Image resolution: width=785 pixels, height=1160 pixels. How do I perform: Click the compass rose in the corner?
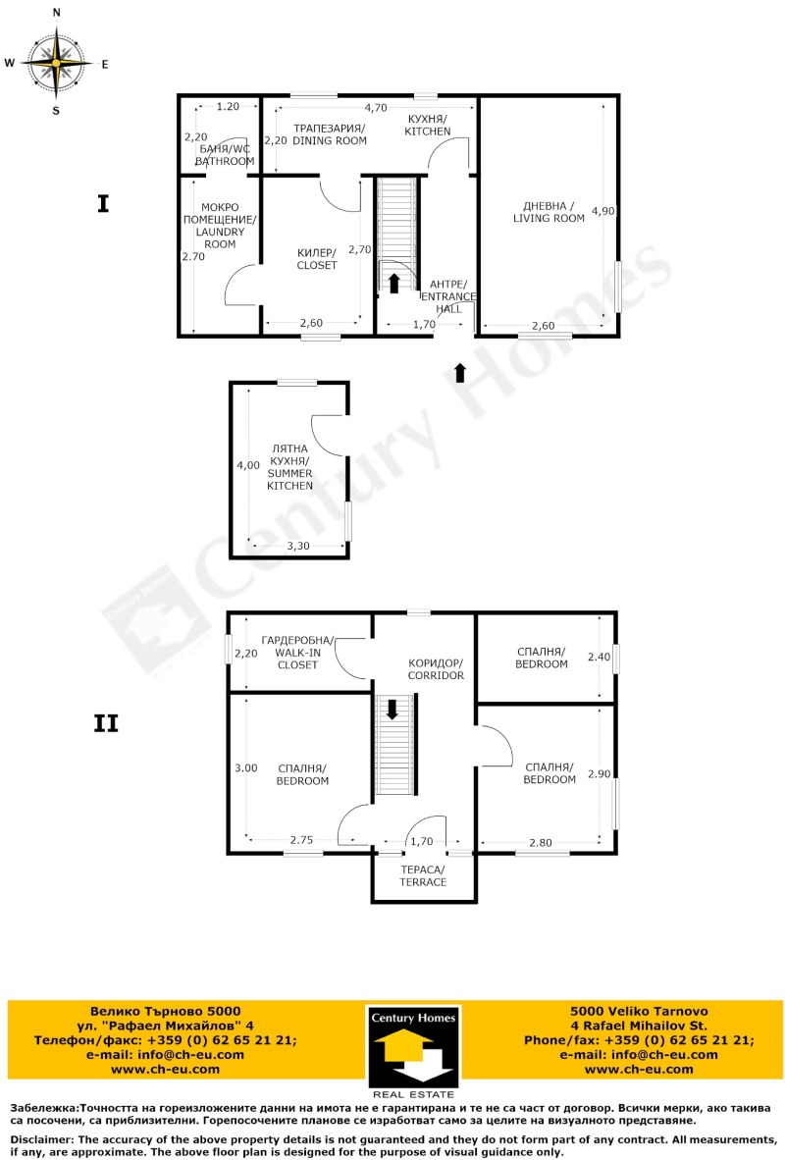[x=56, y=62]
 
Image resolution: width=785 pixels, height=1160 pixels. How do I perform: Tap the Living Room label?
[x=549, y=212]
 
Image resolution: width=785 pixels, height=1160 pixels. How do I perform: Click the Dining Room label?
[x=329, y=135]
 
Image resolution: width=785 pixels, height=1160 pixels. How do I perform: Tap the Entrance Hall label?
[x=448, y=296]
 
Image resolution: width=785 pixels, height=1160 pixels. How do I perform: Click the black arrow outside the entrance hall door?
[x=460, y=373]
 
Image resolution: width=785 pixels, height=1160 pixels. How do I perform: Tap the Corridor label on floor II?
[x=436, y=669]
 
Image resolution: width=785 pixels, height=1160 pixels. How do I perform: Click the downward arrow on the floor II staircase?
[x=393, y=709]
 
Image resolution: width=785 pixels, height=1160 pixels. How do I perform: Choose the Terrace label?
[x=423, y=876]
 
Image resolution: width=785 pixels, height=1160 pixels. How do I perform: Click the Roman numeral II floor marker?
[x=105, y=724]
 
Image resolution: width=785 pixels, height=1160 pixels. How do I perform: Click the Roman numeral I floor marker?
[x=103, y=204]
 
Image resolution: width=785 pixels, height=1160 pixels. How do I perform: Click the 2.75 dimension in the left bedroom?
[x=301, y=840]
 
